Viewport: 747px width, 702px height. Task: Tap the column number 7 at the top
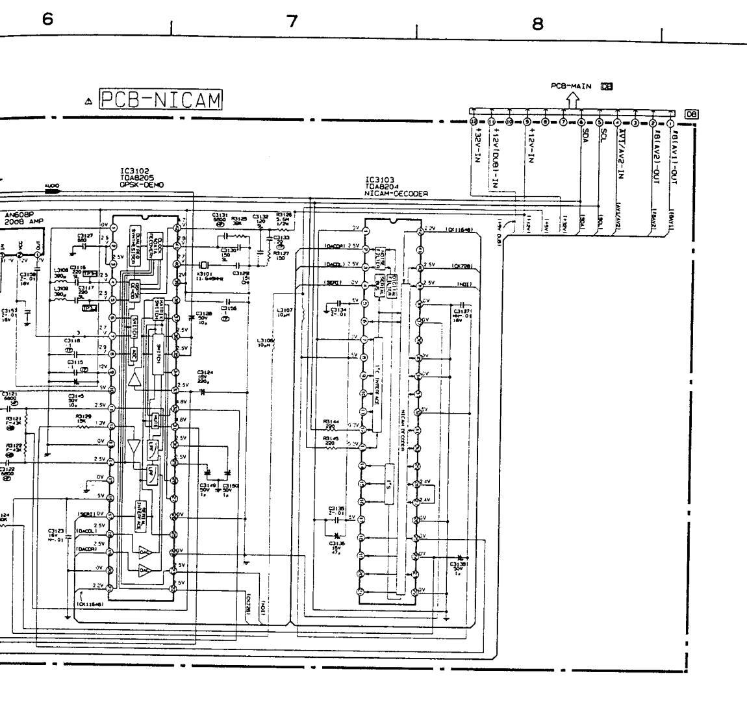[292, 21]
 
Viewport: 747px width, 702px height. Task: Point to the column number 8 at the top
[537, 24]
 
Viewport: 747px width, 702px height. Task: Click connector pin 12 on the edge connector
[474, 122]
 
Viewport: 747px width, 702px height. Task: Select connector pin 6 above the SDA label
[580, 122]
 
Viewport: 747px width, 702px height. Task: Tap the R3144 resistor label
[331, 421]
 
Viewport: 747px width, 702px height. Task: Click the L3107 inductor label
[285, 312]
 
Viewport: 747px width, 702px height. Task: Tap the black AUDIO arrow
[52, 191]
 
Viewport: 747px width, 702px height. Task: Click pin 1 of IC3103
[365, 230]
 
